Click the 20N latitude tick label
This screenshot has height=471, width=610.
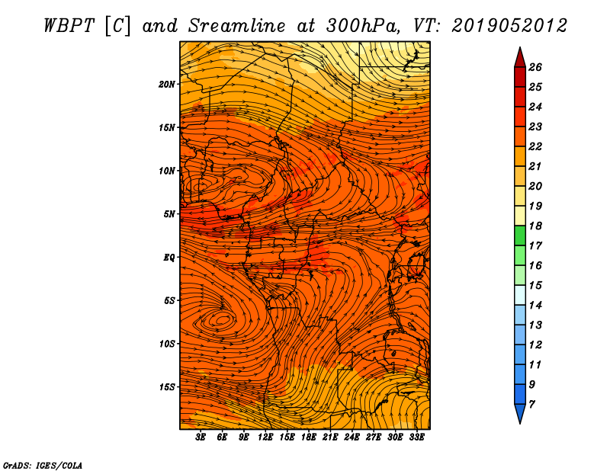[167, 85]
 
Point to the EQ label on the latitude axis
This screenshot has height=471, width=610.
[169, 258]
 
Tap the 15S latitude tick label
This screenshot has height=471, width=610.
[167, 387]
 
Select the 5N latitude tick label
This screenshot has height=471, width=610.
[169, 214]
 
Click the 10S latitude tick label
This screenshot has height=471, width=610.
[167, 344]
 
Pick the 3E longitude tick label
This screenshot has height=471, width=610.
[201, 437]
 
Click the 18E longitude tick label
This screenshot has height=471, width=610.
[309, 437]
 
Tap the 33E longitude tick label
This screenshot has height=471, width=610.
[416, 437]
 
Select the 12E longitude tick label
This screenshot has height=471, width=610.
[265, 437]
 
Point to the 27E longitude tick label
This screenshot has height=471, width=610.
[374, 437]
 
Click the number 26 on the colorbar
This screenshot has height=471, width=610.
[535, 67]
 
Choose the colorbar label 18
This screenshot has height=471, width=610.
[535, 226]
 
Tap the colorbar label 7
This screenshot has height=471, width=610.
[532, 405]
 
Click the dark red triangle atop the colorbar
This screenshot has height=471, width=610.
[520, 59]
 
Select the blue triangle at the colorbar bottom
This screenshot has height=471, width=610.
[520, 412]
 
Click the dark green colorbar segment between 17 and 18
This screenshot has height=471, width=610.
[520, 235]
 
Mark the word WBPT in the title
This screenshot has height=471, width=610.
[69, 26]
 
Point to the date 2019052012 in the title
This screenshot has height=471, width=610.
[509, 26]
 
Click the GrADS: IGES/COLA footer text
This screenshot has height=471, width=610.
[43, 465]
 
